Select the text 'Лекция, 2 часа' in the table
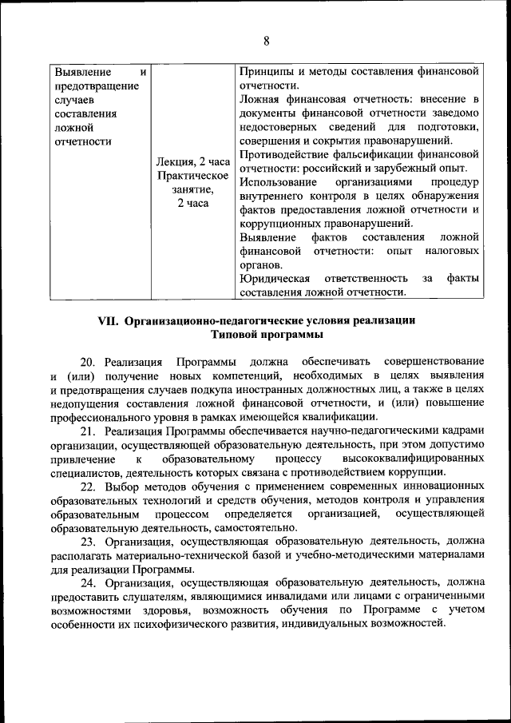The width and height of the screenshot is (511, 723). click(193, 161)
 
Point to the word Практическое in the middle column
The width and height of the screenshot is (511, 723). click(193, 176)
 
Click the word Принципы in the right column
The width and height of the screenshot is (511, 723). click(267, 71)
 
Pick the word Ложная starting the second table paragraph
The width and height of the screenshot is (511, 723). click(260, 100)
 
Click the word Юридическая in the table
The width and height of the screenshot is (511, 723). click(275, 279)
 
